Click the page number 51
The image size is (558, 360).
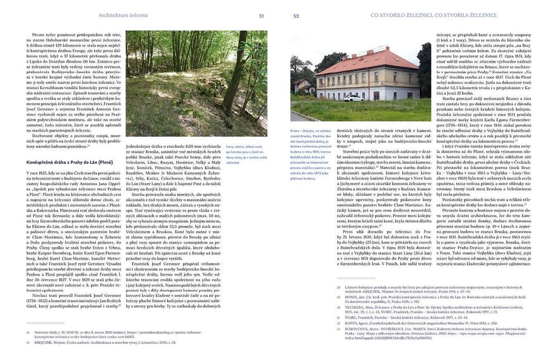click(261, 16)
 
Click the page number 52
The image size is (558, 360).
click(296, 16)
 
